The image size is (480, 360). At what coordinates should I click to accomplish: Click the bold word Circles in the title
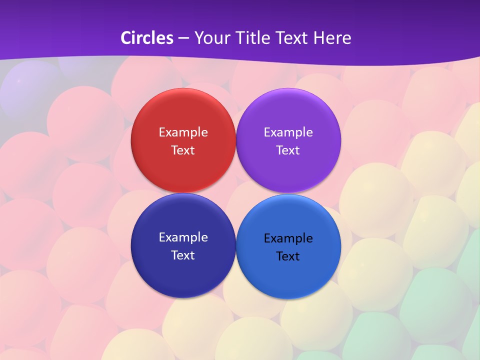(x=147, y=38)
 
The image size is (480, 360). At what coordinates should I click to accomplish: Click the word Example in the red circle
(x=183, y=132)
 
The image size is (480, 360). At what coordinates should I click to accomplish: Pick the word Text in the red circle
(x=183, y=150)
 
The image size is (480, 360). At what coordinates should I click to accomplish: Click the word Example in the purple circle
(x=288, y=132)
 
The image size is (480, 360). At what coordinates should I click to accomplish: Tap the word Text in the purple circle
(x=288, y=150)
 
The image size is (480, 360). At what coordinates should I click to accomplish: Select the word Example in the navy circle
(x=183, y=237)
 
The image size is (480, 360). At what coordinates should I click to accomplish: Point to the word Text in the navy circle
(x=183, y=255)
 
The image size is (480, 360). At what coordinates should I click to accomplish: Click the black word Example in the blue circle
(x=288, y=238)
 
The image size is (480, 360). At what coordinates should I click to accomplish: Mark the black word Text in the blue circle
(x=288, y=256)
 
